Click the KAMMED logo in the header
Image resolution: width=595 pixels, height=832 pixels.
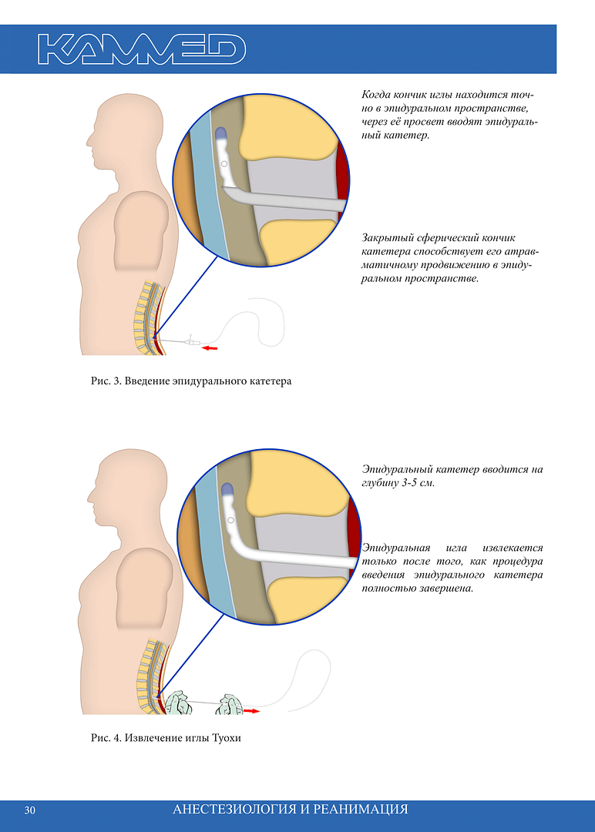(x=142, y=49)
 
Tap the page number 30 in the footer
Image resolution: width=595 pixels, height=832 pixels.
(x=30, y=810)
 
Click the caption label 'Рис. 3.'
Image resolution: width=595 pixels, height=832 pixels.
(x=106, y=381)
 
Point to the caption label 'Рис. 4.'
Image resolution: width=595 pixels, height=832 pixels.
(x=106, y=738)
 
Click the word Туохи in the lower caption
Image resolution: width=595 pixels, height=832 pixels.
(x=226, y=738)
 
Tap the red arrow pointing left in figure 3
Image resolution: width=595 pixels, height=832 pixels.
(x=210, y=348)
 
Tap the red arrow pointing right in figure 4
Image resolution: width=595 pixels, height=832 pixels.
(x=251, y=710)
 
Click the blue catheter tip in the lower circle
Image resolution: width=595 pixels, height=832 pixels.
(x=228, y=488)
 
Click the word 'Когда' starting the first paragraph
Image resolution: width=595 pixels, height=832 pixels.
(x=376, y=95)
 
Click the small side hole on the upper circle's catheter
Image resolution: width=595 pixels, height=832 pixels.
(x=224, y=164)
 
